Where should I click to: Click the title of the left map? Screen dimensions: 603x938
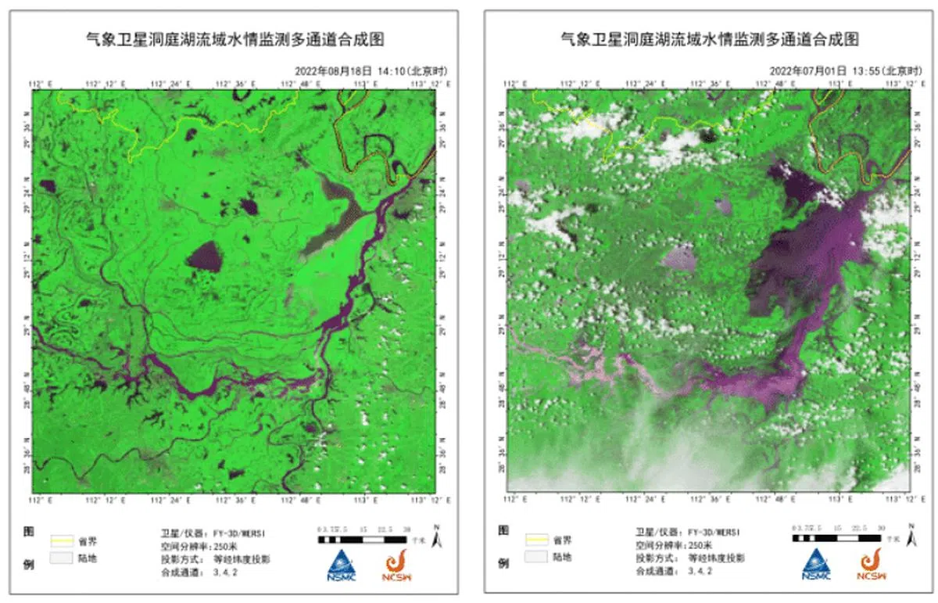235,39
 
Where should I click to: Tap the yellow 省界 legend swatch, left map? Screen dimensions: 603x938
61,540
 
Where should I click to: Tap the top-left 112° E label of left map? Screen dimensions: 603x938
41,82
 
